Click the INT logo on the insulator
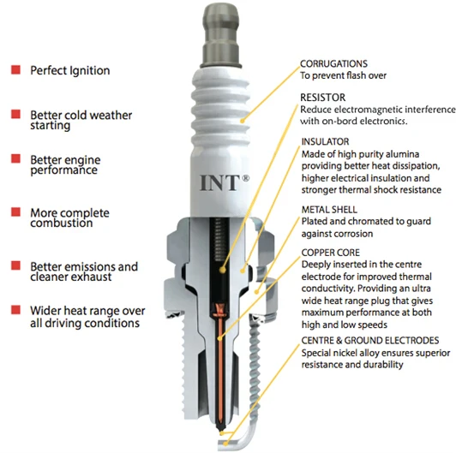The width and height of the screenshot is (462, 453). (225, 182)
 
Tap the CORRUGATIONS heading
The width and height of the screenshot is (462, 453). (333, 63)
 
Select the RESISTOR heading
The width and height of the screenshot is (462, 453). (322, 98)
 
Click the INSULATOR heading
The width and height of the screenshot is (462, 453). (325, 141)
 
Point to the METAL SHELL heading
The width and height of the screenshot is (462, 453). (329, 210)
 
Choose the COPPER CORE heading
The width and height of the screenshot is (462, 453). (330, 253)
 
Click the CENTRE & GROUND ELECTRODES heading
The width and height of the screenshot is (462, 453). (370, 340)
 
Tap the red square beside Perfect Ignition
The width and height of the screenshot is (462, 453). (15, 69)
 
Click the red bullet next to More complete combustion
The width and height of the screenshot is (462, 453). (15, 212)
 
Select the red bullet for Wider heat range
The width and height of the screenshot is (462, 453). (15, 310)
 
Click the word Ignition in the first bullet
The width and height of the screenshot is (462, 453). (89, 71)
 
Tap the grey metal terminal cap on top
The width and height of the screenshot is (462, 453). (220, 35)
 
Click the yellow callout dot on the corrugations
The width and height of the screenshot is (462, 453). (243, 120)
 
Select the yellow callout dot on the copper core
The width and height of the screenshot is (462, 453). (219, 339)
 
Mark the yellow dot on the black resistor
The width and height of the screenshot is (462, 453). (223, 270)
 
